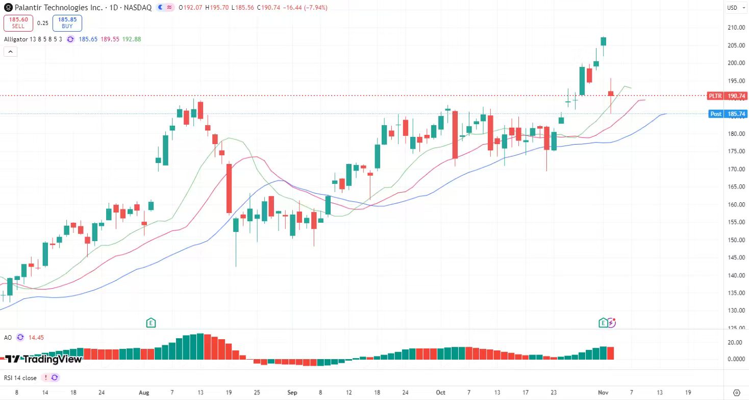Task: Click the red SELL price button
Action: click(x=18, y=23)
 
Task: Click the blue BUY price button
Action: click(x=67, y=23)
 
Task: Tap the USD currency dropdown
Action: click(x=732, y=8)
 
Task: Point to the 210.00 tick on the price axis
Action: click(x=735, y=28)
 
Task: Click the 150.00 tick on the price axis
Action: click(x=735, y=240)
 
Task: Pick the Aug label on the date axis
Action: click(x=144, y=392)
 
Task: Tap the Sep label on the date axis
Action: click(x=292, y=392)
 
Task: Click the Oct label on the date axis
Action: click(x=440, y=392)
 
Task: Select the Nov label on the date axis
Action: click(x=603, y=392)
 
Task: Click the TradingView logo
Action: click(x=43, y=359)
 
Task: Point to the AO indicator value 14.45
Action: click(x=36, y=337)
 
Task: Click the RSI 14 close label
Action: click(x=20, y=378)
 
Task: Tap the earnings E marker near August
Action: click(x=151, y=322)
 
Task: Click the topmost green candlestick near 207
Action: click(x=604, y=41)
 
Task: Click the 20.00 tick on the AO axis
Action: click(x=735, y=342)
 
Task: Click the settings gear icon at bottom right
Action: click(x=736, y=392)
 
